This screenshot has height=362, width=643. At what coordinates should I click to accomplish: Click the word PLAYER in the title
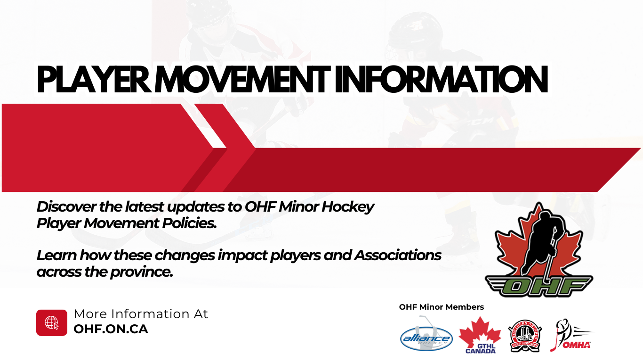pyautogui.click(x=94, y=79)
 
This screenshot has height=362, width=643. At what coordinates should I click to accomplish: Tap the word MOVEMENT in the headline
pyautogui.click(x=243, y=79)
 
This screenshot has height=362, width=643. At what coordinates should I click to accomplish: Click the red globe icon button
pyautogui.click(x=52, y=322)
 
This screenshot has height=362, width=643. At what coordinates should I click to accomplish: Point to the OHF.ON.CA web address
pyautogui.click(x=111, y=329)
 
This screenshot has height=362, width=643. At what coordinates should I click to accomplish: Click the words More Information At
pyautogui.click(x=141, y=314)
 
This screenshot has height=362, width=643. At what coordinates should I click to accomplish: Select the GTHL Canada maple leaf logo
pyautogui.click(x=480, y=335)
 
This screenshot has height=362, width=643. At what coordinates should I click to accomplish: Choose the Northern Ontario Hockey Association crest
pyautogui.click(x=525, y=336)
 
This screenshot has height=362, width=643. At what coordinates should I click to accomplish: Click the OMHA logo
pyautogui.click(x=571, y=335)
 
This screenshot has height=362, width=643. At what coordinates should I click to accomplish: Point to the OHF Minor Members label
pyautogui.click(x=442, y=307)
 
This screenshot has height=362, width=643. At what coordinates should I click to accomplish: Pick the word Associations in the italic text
pyautogui.click(x=398, y=255)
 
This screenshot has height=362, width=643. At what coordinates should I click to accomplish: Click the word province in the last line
pyautogui.click(x=142, y=272)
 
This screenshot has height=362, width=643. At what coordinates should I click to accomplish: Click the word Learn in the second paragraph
pyautogui.click(x=56, y=255)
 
